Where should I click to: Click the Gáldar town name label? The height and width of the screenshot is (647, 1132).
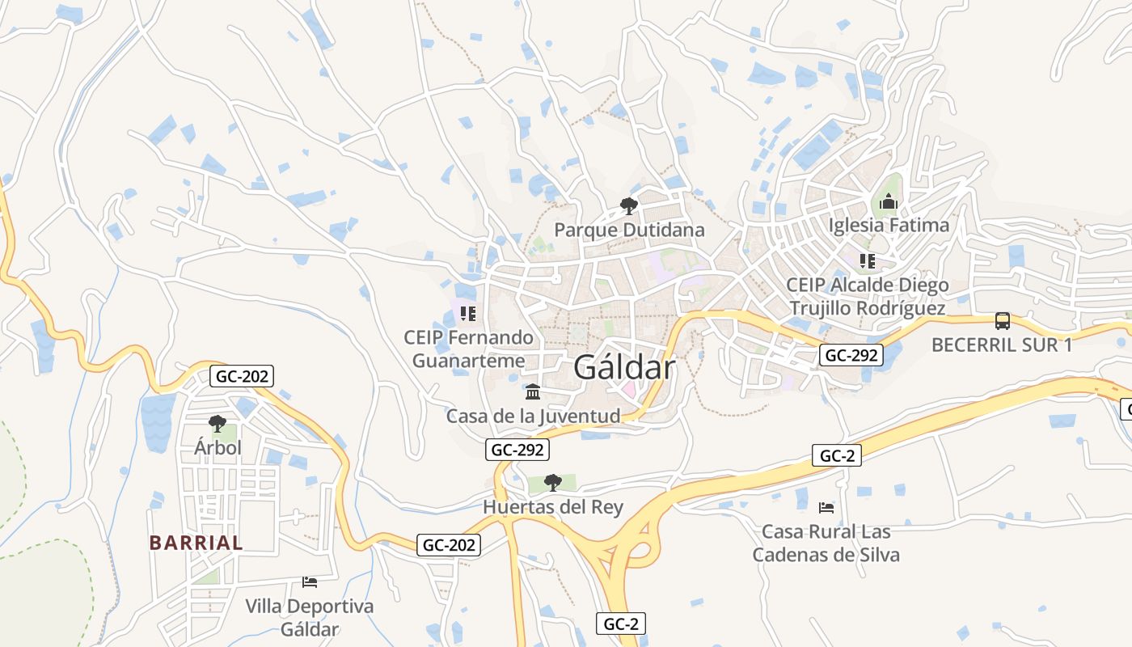click(x=623, y=369)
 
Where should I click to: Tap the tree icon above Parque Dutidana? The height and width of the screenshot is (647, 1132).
click(x=628, y=206)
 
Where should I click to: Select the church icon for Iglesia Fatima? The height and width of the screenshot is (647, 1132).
click(x=889, y=201)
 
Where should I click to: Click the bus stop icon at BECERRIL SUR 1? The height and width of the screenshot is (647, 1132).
click(x=1002, y=321)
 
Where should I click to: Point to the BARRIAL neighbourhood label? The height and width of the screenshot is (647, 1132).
click(x=196, y=543)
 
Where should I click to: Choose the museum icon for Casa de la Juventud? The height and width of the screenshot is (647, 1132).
click(x=533, y=392)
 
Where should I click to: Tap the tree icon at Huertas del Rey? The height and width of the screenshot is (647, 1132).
click(x=553, y=483)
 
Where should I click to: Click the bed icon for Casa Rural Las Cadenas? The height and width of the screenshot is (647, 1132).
click(x=826, y=508)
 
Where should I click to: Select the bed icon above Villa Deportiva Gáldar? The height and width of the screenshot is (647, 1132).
click(x=309, y=581)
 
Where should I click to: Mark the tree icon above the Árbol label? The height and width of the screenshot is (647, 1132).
click(x=217, y=422)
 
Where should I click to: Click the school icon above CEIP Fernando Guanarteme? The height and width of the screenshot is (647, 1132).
click(x=467, y=313)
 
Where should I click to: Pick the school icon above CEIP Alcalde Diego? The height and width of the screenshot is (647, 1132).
click(x=867, y=261)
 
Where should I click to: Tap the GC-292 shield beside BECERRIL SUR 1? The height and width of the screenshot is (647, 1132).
click(x=851, y=354)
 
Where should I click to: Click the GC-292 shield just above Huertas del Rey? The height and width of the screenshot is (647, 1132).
click(x=517, y=450)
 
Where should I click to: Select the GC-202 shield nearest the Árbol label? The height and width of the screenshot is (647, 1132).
click(x=241, y=375)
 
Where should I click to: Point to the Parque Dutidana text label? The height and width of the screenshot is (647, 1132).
click(x=629, y=230)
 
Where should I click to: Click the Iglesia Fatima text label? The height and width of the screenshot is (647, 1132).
click(x=889, y=226)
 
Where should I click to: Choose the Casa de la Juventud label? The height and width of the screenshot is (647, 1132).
click(x=533, y=417)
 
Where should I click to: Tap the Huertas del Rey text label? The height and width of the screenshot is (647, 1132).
click(x=553, y=507)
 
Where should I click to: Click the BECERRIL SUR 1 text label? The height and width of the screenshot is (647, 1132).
click(x=1002, y=345)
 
